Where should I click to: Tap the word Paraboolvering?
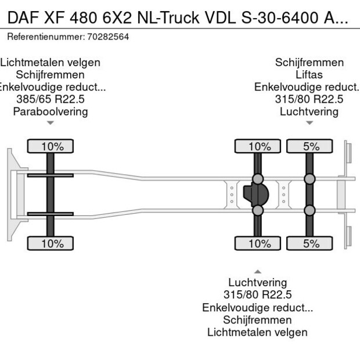51,111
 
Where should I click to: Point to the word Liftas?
309,75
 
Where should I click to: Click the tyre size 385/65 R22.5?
51,99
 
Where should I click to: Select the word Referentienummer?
44,37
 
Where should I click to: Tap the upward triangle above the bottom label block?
257,271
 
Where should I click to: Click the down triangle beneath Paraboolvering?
51,123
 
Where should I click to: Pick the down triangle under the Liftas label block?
309,123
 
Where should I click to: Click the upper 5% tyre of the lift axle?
311,146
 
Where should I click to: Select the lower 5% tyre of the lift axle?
311,243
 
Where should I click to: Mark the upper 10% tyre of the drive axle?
260,146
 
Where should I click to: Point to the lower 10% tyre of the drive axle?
260,243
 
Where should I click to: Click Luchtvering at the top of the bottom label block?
257,283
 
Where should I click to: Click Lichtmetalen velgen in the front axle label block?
51,63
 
